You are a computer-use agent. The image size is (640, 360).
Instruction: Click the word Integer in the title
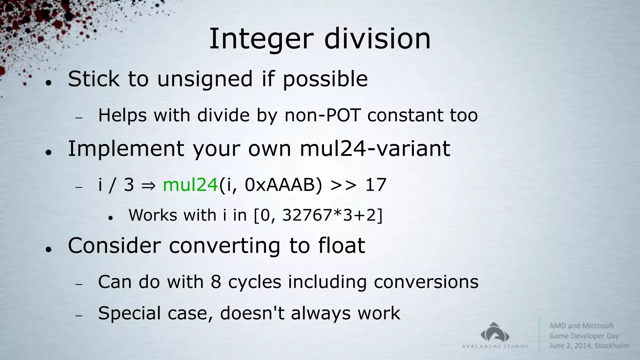point(261,39)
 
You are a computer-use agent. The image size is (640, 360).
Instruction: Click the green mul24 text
point(190,185)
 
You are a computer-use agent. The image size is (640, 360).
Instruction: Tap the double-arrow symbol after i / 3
point(148,185)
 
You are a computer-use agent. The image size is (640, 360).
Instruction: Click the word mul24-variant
point(374,148)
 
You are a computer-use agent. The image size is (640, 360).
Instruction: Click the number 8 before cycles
point(216,282)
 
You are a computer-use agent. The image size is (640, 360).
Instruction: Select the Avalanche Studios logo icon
point(495,333)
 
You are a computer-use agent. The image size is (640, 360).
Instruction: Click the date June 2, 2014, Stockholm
point(589,346)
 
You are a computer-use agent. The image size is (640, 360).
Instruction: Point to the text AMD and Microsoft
point(581,326)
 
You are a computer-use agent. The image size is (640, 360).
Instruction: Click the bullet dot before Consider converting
point(48,249)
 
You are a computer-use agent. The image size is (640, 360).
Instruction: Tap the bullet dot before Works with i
point(110,218)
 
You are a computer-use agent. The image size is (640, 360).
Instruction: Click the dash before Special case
point(78,316)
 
